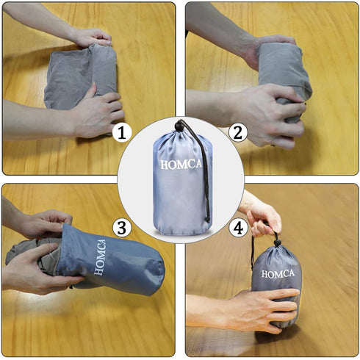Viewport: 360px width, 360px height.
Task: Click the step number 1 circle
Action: [x=122, y=133]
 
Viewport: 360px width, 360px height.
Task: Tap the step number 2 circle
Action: [x=238, y=133]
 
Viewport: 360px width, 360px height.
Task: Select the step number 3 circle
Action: [x=122, y=228]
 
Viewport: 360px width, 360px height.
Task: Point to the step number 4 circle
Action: [x=238, y=228]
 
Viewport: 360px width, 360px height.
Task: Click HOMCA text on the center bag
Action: [x=181, y=164]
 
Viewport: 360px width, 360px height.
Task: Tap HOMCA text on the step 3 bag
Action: [x=100, y=257]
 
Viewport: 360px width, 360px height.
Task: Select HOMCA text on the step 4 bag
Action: [x=278, y=274]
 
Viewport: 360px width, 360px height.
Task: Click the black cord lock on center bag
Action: [x=179, y=126]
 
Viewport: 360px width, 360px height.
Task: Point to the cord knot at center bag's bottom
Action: [x=208, y=219]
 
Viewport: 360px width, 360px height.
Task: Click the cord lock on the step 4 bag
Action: [x=278, y=243]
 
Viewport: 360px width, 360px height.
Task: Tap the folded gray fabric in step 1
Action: [x=81, y=77]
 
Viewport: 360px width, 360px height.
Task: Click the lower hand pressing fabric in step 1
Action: [x=98, y=112]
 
